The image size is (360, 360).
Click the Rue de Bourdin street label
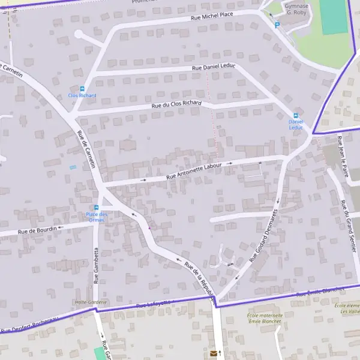pyautogui.click(x=37, y=229)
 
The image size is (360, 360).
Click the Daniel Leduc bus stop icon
pyautogui.click(x=295, y=116)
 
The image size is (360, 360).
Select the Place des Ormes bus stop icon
pyautogui.click(x=96, y=208)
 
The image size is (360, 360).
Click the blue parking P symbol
pyautogui.click(x=277, y=25)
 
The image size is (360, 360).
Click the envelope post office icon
pyautogui.click(x=213, y=354)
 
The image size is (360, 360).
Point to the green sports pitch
pyautogui.click(x=334, y=17)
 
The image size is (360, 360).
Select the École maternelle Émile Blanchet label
pyautogui.click(x=265, y=318)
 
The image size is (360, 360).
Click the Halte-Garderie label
pyautogui.click(x=90, y=302)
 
